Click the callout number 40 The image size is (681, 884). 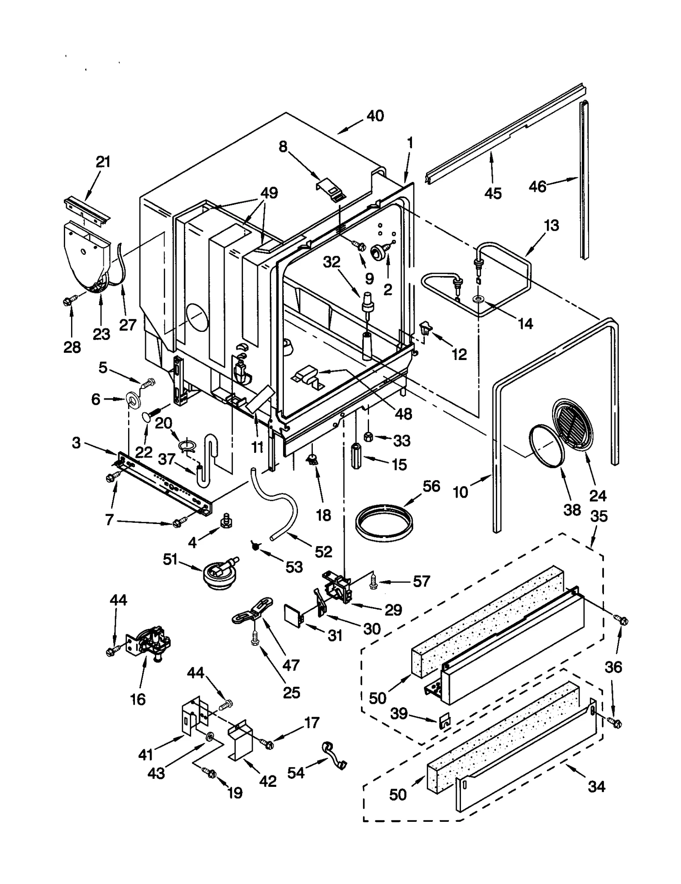click(375, 115)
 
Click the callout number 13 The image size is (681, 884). click(551, 225)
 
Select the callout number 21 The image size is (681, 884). click(103, 162)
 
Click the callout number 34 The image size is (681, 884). click(596, 786)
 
